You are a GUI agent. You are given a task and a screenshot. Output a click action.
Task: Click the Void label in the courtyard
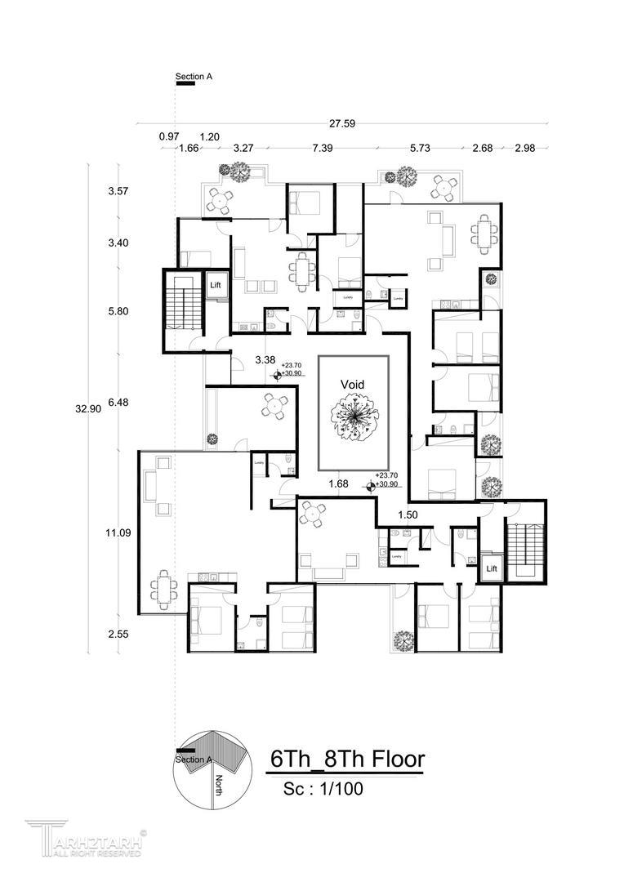(x=353, y=384)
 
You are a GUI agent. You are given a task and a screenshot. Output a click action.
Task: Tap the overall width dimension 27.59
(x=341, y=124)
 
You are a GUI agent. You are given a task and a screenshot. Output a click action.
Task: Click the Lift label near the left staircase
(x=216, y=285)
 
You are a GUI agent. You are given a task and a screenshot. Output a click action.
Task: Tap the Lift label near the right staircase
(x=492, y=567)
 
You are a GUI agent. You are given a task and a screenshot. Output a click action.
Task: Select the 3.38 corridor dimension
(x=264, y=359)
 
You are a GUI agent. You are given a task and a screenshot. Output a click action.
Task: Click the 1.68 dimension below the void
(x=338, y=484)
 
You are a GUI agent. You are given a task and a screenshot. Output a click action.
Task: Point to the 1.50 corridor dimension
(x=408, y=515)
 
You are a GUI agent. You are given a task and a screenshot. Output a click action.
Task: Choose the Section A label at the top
(x=194, y=77)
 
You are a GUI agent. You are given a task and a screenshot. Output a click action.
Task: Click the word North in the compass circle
(x=219, y=786)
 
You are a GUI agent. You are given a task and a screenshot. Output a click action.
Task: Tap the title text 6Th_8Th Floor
(x=347, y=759)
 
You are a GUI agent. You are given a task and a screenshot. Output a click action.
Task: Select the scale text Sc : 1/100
(x=323, y=790)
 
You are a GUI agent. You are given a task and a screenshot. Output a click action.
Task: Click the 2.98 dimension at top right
(x=525, y=149)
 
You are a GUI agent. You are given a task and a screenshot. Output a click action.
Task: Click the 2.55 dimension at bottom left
(x=118, y=633)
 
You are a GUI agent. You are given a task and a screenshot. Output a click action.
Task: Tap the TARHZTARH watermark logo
(x=86, y=840)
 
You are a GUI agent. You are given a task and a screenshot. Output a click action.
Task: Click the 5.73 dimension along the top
(x=420, y=149)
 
